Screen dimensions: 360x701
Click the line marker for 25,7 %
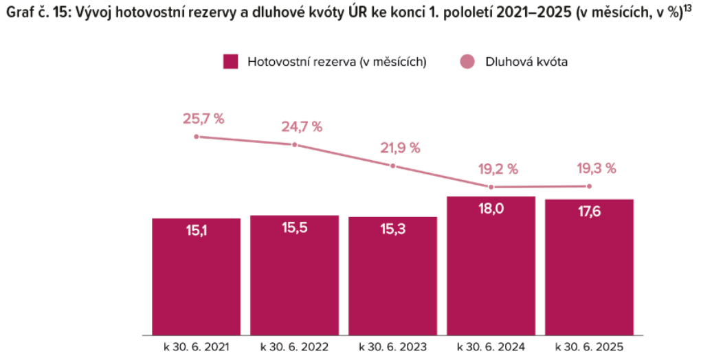click(x=197, y=137)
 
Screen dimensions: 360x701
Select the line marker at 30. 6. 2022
click(x=295, y=144)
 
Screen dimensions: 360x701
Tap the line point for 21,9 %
click(x=393, y=166)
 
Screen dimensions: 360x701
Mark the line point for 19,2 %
click(x=491, y=187)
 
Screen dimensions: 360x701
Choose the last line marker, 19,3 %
click(x=589, y=186)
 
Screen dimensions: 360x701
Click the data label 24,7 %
click(x=302, y=126)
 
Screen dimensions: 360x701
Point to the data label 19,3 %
click(x=595, y=168)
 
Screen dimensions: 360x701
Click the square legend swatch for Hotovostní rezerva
click(x=230, y=62)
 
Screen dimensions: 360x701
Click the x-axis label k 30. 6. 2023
click(x=392, y=346)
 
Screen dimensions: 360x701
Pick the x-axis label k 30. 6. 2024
click(x=491, y=346)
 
